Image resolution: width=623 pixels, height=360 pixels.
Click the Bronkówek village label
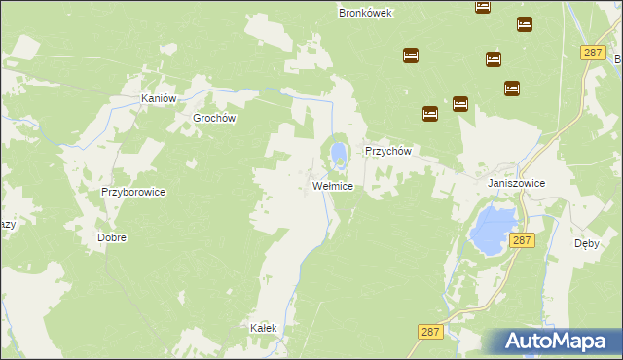(364, 13)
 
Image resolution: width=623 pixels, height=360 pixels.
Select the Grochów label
(215, 118)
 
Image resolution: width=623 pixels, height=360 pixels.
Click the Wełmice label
(332, 185)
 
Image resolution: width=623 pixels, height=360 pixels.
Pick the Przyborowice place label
(133, 192)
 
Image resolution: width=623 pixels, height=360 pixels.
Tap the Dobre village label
(112, 236)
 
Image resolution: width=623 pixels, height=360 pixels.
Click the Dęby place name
(586, 244)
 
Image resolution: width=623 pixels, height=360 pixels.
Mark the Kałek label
(264, 328)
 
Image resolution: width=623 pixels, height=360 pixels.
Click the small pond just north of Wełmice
(337, 154)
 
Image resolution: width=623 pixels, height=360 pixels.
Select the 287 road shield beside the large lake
(522, 239)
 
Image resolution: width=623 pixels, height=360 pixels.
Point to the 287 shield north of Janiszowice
(593, 53)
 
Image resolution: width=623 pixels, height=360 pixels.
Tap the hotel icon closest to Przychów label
(430, 114)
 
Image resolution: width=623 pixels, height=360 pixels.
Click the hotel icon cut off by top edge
(483, 6)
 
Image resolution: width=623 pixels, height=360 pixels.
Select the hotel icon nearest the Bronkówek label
(410, 55)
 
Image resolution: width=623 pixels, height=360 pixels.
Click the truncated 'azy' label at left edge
(8, 223)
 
